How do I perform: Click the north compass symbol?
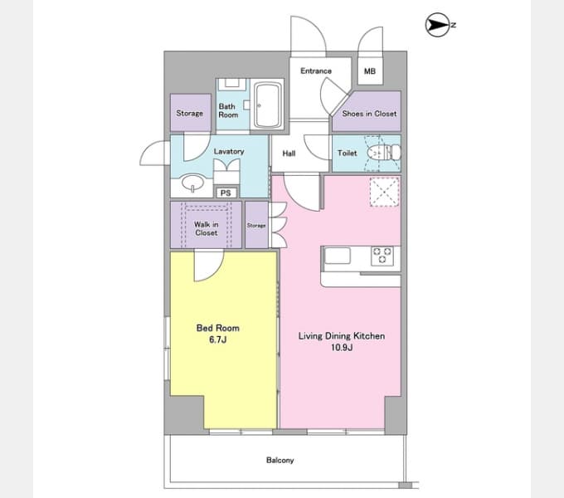point(437,25)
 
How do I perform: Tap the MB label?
point(370,71)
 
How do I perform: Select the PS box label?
point(226,193)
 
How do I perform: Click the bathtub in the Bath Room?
point(268,105)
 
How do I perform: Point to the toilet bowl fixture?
point(383,153)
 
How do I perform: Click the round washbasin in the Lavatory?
point(192,183)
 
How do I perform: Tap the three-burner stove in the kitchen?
point(382,255)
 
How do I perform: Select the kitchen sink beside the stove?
point(338,256)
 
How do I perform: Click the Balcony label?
point(280,460)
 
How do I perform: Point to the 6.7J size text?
point(217,339)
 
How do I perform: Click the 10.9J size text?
point(342,348)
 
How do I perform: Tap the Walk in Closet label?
point(206,229)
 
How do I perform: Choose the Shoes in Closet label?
point(369,114)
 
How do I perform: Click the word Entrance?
point(316,71)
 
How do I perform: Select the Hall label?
point(289,154)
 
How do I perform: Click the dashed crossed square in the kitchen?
point(385,192)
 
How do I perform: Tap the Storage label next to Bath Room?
point(190,114)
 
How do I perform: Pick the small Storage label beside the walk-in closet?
point(256,226)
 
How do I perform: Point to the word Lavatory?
point(229,152)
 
